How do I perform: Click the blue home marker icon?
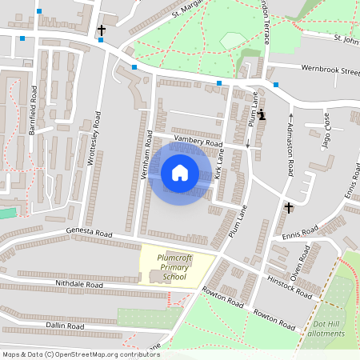pos(179,172)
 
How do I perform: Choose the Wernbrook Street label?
pos(330,70)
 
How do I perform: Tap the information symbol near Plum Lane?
pos(262,114)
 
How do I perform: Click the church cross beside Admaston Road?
pos(288,208)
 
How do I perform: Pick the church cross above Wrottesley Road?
pos(102,30)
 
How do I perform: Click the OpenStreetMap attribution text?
pos(81,354)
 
